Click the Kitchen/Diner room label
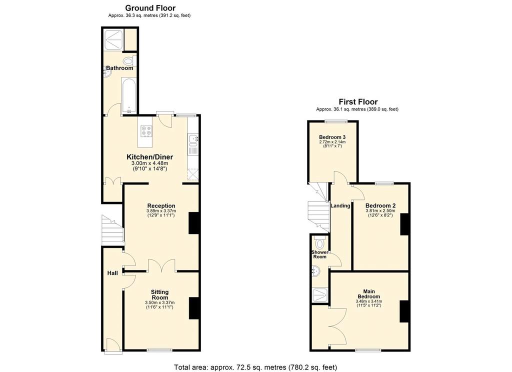pyautogui.click(x=150, y=157)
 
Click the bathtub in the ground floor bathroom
pyautogui.click(x=128, y=95)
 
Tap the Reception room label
pyautogui.click(x=161, y=206)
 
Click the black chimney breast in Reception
pyautogui.click(x=194, y=223)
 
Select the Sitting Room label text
pyautogui.click(x=159, y=294)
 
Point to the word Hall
pyautogui.click(x=112, y=273)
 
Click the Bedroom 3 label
pyautogui.click(x=332, y=137)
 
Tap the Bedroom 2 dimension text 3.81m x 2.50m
pyautogui.click(x=380, y=211)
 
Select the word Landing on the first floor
pyautogui.click(x=340, y=206)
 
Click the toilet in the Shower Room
pyautogui.click(x=319, y=242)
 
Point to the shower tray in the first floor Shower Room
pyautogui.click(x=320, y=295)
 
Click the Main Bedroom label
pyautogui.click(x=369, y=294)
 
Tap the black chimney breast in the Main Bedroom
pyautogui.click(x=404, y=311)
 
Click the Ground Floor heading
pyautogui.click(x=150, y=8)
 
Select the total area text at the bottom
pyautogui.click(x=255, y=367)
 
